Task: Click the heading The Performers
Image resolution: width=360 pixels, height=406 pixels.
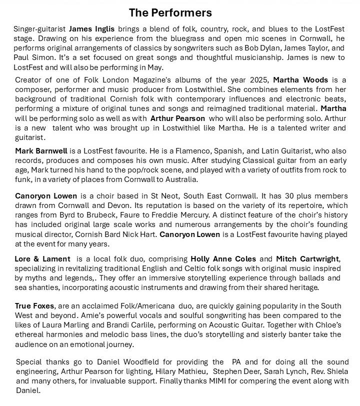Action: [x=170, y=12]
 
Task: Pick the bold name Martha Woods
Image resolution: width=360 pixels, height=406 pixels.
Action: [x=300, y=80]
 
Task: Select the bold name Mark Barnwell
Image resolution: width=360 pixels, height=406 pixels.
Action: [x=41, y=150]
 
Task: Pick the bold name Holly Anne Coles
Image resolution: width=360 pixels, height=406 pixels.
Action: [x=223, y=259]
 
